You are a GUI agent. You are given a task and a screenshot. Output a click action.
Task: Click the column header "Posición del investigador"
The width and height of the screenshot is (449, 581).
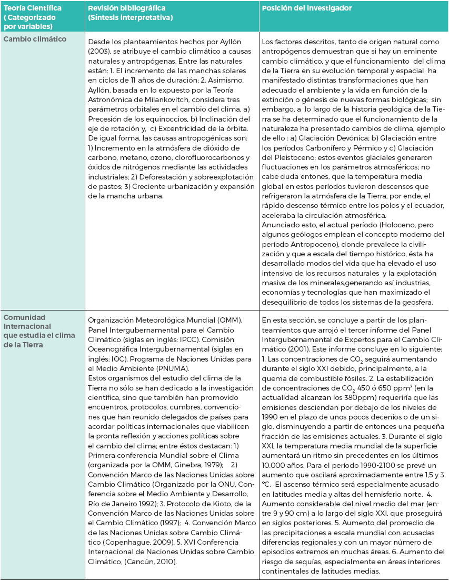[307, 8]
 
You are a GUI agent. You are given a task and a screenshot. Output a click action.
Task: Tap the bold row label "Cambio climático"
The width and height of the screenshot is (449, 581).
[31, 39]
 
